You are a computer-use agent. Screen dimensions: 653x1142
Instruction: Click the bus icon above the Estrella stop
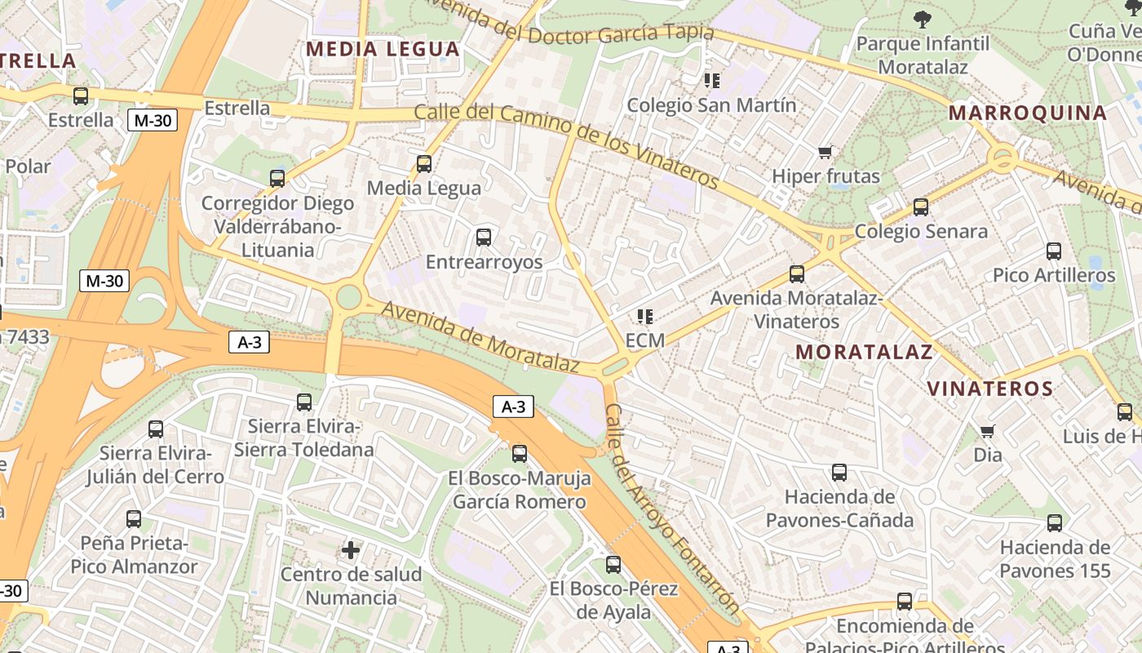[81, 96]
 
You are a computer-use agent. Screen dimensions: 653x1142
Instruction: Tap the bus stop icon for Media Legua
[424, 164]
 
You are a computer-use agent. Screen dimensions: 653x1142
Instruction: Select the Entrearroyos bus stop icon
[484, 238]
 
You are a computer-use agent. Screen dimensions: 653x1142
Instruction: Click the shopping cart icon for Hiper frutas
[826, 153]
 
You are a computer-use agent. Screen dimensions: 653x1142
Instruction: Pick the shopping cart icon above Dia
[988, 431]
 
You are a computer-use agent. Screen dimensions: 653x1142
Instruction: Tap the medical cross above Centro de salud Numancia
[351, 550]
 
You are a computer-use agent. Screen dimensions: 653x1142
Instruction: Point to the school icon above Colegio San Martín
[711, 81]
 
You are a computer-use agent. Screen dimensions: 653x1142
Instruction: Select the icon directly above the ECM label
[645, 316]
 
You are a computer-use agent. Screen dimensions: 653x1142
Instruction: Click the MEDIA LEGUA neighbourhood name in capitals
[383, 49]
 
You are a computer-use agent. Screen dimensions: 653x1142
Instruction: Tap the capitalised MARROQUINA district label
[1028, 113]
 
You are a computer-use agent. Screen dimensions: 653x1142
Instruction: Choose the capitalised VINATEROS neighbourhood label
[991, 389]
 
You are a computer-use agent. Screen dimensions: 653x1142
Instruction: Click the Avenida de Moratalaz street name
[480, 337]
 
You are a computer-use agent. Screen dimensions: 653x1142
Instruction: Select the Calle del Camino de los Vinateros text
[566, 145]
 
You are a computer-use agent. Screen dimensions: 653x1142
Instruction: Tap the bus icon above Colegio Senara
[921, 207]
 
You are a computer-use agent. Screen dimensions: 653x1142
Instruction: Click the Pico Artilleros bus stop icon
[1054, 251]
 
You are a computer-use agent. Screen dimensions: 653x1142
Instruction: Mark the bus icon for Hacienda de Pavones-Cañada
[839, 473]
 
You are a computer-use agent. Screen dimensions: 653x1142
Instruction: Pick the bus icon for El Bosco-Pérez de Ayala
[613, 565]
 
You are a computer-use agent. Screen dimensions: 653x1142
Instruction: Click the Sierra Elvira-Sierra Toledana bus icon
[304, 402]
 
